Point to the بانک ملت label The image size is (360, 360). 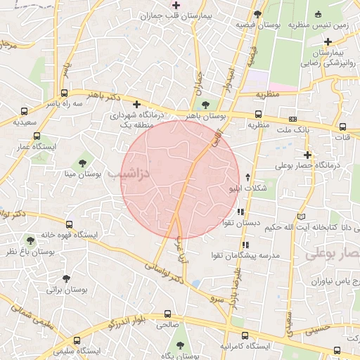point(293,131)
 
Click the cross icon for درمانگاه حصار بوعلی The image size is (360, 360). point(307,155)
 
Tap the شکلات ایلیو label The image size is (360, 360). point(246,188)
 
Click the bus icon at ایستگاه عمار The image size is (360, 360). point(37,136)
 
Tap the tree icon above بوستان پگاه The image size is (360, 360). point(181,345)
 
